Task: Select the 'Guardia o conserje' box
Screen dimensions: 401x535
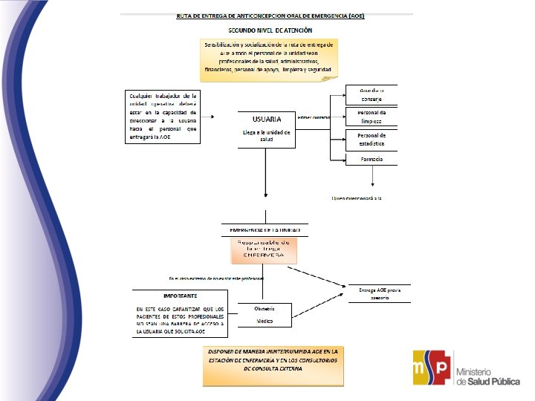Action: (x=372, y=94)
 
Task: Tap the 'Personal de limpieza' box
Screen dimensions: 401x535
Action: (x=372, y=117)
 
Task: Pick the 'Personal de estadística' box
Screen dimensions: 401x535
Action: (x=372, y=140)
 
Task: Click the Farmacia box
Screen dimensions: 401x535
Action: (x=372, y=159)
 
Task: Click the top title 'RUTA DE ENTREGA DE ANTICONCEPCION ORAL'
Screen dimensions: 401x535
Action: (x=270, y=15)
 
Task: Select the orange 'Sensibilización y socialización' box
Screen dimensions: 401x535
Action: (x=270, y=57)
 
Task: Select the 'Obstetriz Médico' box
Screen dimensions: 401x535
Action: (x=265, y=315)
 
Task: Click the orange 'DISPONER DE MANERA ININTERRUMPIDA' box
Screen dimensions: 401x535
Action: (x=273, y=365)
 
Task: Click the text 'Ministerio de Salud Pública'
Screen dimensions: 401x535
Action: (x=487, y=376)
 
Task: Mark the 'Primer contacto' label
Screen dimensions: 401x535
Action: (x=313, y=117)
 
